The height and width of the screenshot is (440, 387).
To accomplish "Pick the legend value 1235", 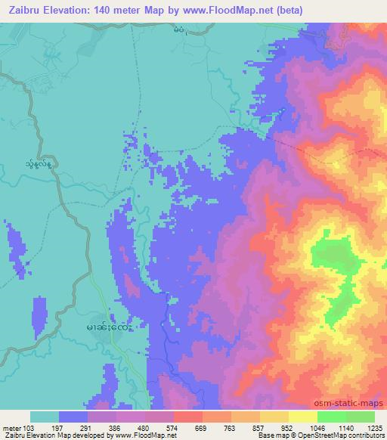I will coord(374,428).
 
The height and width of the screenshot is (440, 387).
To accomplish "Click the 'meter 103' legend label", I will coord(17,428).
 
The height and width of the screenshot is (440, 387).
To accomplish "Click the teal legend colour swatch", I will coord(45,417).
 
